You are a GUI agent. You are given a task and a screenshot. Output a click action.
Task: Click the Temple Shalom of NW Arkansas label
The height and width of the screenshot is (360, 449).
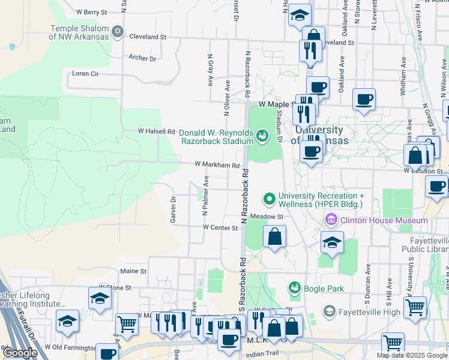click(x=79, y=32)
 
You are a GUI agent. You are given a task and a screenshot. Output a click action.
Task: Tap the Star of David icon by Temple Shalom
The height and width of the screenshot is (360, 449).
click(x=118, y=31)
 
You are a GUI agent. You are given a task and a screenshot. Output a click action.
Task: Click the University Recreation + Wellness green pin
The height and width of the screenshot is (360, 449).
click(x=269, y=197)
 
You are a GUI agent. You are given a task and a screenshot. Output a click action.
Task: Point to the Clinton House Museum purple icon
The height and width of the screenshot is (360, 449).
click(x=330, y=220)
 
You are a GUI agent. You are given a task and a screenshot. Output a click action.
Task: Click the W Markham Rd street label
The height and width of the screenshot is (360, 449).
click(x=217, y=165)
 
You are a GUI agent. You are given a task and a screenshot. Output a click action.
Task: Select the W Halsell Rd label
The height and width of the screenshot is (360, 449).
click(x=156, y=131)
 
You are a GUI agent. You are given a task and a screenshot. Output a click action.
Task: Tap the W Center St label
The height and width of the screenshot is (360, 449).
click(x=220, y=227)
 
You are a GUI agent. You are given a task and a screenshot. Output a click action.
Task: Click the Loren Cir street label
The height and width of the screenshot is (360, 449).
click(x=85, y=74)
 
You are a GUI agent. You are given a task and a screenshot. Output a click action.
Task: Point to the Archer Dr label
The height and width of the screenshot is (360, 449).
click(x=142, y=58)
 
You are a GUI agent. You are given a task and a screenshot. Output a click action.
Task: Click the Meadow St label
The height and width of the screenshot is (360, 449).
click(x=266, y=216)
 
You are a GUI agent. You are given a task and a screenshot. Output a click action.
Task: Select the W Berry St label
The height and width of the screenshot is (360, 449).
click(x=92, y=11)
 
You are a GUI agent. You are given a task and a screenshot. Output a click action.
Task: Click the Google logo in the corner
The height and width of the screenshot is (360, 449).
click(x=19, y=353)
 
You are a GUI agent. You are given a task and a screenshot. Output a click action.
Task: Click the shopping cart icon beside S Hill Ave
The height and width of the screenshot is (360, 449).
click(x=415, y=307)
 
